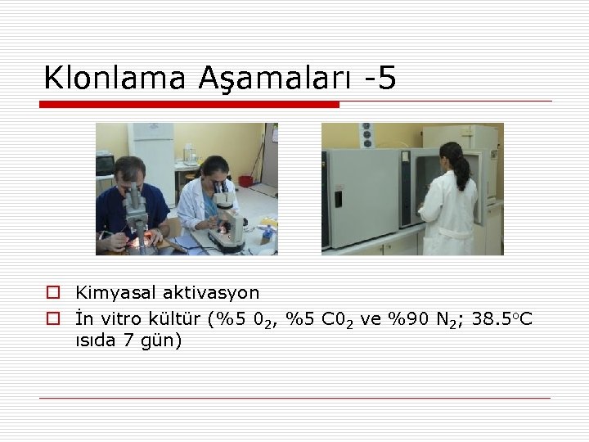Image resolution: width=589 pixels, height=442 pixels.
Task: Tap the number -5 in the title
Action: pos(380,78)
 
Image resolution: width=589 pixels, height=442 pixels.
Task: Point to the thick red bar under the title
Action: pos(189,105)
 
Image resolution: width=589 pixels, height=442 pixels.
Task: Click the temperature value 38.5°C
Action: pos(501,318)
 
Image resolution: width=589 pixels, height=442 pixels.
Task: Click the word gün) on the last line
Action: pos(162,341)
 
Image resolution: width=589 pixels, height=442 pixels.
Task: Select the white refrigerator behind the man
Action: pos(155,156)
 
